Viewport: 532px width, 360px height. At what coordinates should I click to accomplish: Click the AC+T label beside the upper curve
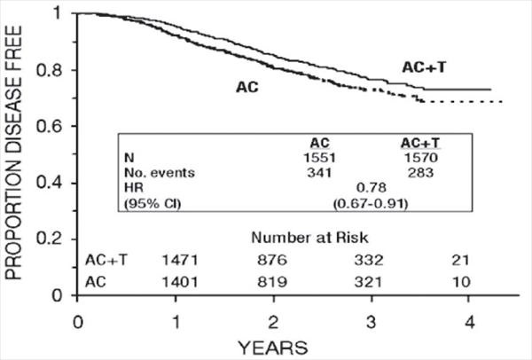click(419, 66)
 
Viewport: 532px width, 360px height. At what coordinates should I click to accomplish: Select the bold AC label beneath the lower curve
click(247, 88)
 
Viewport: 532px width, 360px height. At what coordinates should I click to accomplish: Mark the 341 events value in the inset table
click(318, 172)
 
